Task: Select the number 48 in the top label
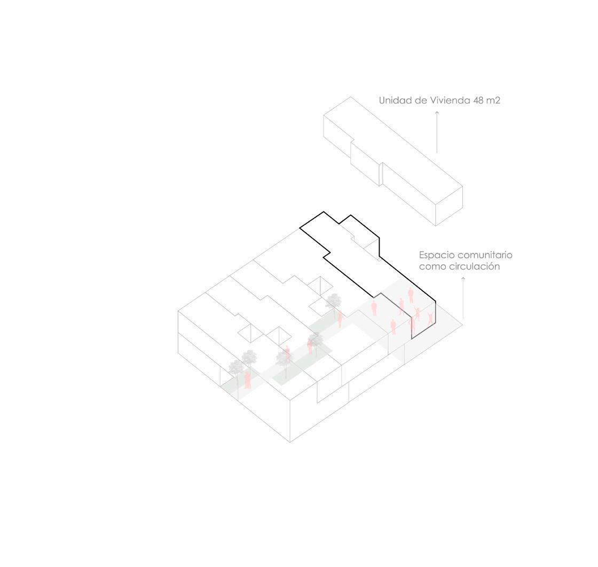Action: pyautogui.click(x=478, y=100)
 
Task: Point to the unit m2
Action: pyautogui.click(x=494, y=100)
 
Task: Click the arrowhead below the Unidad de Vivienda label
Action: pyautogui.click(x=437, y=113)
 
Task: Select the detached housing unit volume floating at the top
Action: pyautogui.click(x=392, y=160)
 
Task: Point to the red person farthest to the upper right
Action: pyautogui.click(x=411, y=294)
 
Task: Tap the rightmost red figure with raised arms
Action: pyautogui.click(x=430, y=318)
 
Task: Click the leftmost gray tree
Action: pyautogui.click(x=235, y=367)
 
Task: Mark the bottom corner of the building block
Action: pyautogui.click(x=290, y=442)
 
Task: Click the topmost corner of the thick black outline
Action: pyautogui.click(x=323, y=212)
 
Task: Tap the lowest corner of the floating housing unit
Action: pyautogui.click(x=436, y=225)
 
